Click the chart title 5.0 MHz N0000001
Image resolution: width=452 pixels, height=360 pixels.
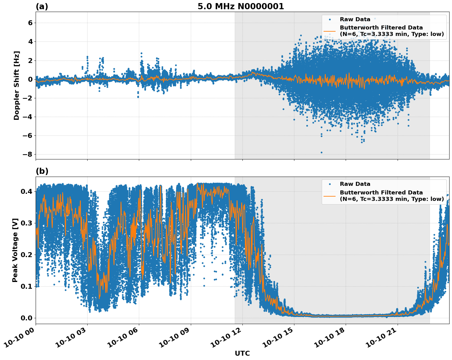point(241,6)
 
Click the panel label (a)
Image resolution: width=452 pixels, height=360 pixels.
point(42,6)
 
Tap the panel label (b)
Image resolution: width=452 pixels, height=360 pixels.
point(42,171)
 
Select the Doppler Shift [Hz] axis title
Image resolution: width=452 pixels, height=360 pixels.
point(17,85)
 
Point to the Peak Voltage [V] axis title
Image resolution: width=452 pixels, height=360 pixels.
point(15,250)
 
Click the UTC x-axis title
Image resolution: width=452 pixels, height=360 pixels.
point(242,353)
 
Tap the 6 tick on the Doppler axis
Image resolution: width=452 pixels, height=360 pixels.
point(30,23)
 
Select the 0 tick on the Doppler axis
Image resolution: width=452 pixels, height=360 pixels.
point(30,79)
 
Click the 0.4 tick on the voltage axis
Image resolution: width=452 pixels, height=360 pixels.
point(26,191)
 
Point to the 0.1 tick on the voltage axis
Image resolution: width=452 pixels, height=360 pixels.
point(26,286)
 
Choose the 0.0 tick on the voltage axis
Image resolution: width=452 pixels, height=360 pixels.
point(26,318)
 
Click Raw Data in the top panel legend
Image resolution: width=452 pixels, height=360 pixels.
point(355,19)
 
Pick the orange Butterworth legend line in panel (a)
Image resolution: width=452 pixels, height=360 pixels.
point(329,31)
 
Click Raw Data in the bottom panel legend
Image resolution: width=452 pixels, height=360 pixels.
point(355,184)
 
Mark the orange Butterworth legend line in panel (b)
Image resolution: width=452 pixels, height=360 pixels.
point(329,196)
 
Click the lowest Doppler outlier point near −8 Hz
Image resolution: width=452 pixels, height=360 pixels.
point(321,152)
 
